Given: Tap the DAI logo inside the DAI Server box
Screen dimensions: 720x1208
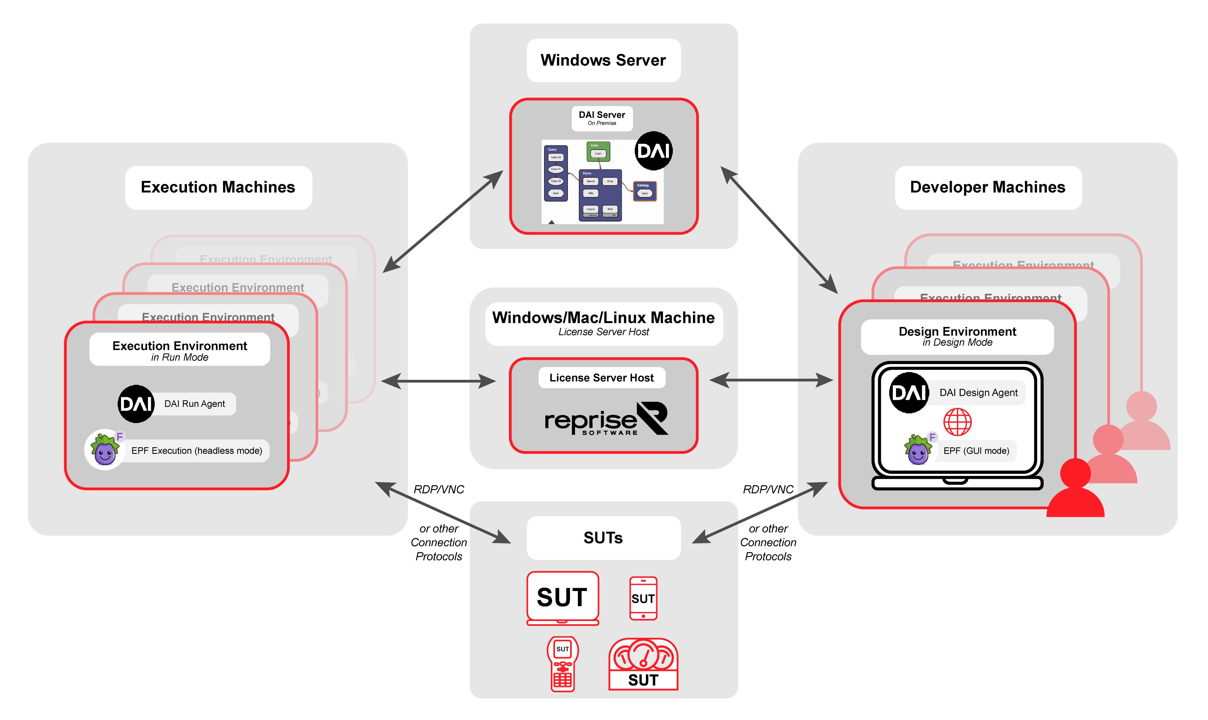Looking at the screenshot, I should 653,151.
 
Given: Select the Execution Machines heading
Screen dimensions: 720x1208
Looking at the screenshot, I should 218,187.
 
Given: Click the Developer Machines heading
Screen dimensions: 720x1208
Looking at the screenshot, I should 987,187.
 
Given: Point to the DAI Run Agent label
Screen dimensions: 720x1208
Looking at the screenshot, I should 194,404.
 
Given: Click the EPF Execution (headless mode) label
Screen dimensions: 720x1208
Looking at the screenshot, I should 196,451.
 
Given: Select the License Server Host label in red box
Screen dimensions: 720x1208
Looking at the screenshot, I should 601,378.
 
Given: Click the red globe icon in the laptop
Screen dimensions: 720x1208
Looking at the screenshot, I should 957,422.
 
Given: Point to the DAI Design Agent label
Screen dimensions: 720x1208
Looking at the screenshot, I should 978,392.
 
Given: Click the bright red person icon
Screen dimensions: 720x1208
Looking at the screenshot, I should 1075,490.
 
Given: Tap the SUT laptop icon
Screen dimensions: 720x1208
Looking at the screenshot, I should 562,598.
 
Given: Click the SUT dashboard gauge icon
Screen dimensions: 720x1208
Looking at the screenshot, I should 643,664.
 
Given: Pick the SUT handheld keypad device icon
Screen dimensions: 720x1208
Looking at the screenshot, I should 562,664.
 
